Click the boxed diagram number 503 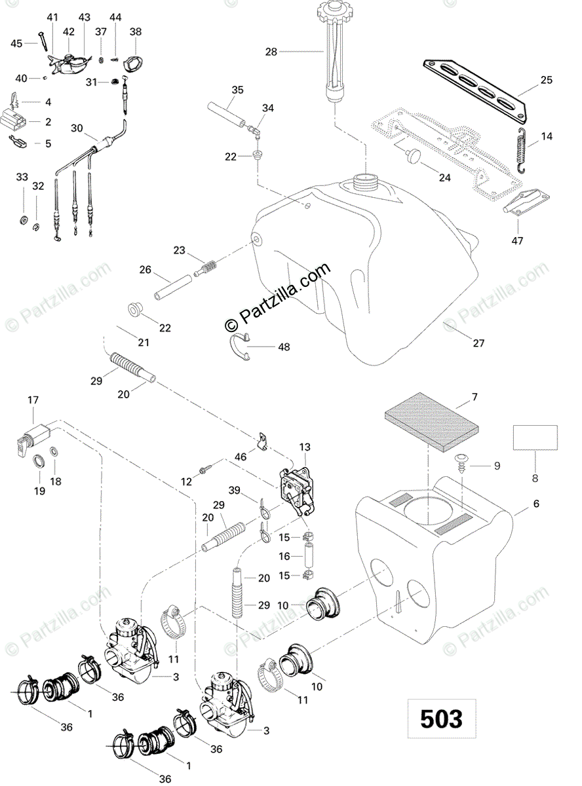point(441,719)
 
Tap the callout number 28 point(271,52)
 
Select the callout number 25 point(547,80)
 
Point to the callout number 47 point(518,240)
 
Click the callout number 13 point(305,447)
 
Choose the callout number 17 point(33,400)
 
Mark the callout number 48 point(284,346)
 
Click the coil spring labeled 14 point(521,151)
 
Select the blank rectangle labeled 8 point(535,438)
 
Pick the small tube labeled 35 point(226,115)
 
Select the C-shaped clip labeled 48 point(239,346)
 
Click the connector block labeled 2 point(13,118)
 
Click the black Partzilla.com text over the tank point(278,297)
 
